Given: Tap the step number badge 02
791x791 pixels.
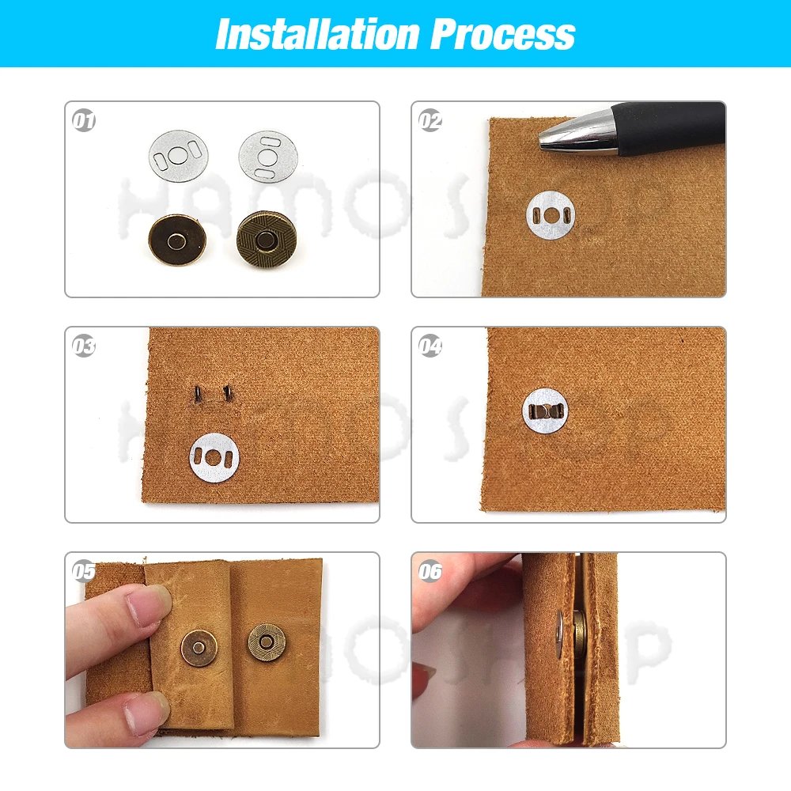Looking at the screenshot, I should coord(430,122).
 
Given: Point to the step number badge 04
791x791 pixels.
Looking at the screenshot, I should coord(430,346).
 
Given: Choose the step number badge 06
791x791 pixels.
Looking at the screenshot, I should coord(430,571).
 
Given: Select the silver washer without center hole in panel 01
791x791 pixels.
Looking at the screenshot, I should coord(269,156).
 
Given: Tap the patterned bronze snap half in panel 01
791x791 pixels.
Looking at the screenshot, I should coord(267,240).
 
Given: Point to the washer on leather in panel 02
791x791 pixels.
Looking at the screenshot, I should coord(551,214).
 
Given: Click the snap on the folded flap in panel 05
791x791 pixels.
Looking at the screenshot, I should coord(199,647).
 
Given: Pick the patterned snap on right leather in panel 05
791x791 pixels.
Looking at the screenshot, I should coord(267,642).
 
